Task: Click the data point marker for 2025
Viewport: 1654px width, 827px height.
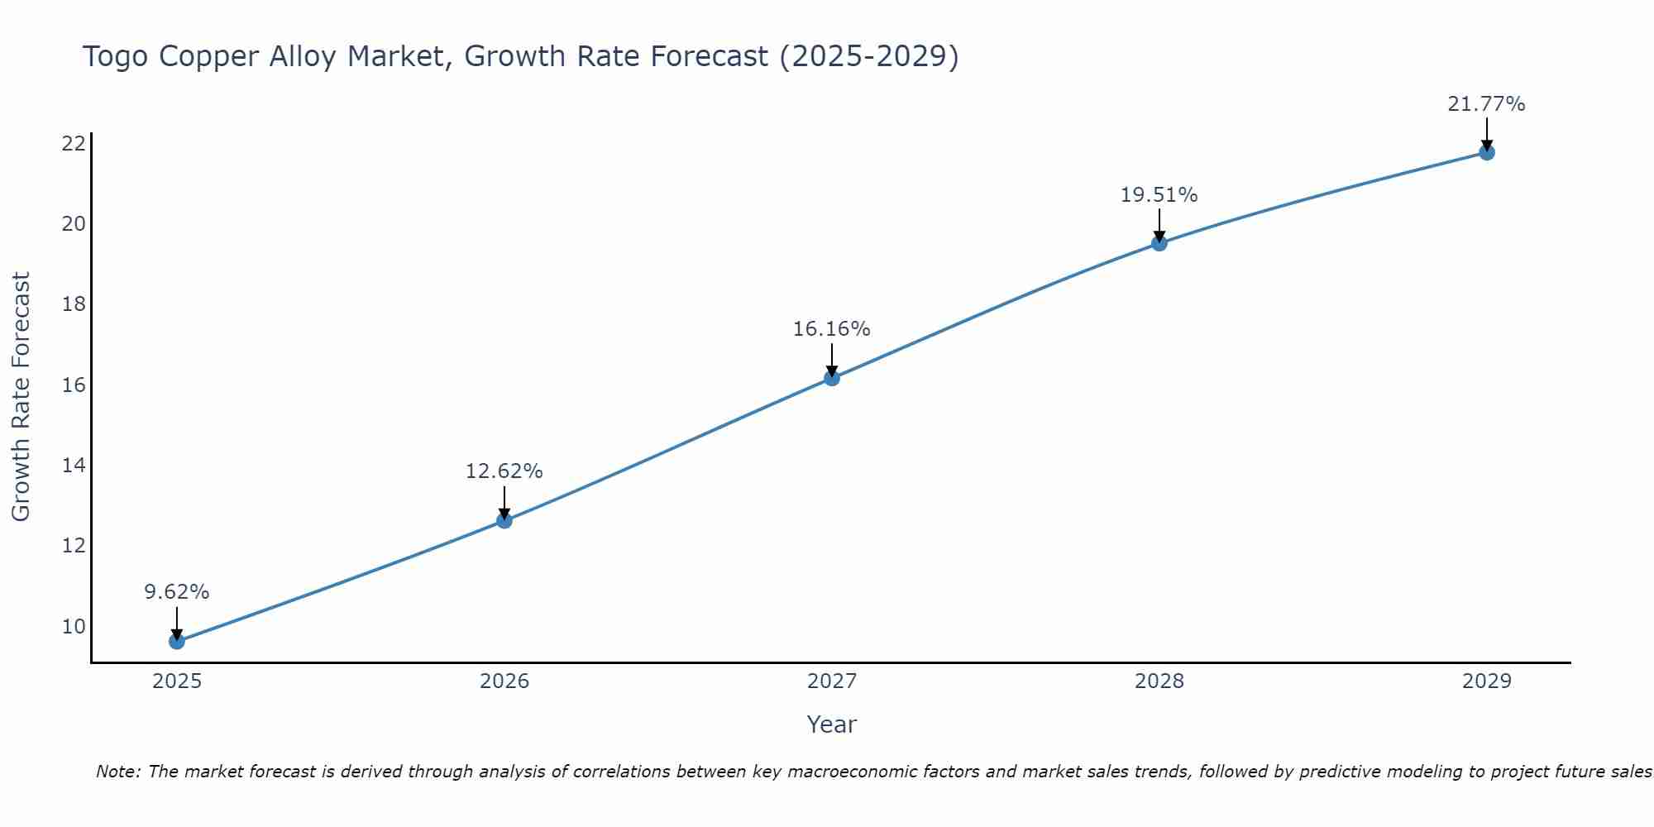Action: click(x=177, y=641)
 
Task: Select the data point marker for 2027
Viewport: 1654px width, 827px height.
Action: click(x=832, y=378)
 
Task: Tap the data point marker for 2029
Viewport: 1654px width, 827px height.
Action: click(x=1487, y=152)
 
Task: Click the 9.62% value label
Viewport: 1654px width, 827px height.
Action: click(x=177, y=592)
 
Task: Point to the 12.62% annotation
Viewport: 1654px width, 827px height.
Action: click(x=504, y=471)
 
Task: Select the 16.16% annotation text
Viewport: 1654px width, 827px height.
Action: click(x=832, y=329)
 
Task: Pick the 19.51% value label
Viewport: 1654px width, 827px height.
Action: click(x=1159, y=195)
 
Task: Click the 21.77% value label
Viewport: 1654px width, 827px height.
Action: click(x=1487, y=104)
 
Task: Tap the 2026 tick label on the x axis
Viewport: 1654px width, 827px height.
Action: click(x=504, y=681)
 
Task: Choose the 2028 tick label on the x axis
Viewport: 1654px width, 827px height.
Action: click(x=1159, y=681)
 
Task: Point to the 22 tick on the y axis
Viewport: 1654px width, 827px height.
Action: click(x=74, y=144)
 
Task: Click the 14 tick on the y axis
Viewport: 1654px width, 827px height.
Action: click(x=74, y=466)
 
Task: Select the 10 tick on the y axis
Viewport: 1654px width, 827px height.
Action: click(x=74, y=626)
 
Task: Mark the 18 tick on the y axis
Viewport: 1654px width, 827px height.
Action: click(x=74, y=304)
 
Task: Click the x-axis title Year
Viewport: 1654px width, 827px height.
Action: click(x=832, y=724)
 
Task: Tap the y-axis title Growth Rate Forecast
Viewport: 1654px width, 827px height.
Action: click(x=22, y=397)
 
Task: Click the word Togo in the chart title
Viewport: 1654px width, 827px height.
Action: click(x=117, y=57)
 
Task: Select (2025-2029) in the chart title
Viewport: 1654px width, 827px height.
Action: click(x=869, y=57)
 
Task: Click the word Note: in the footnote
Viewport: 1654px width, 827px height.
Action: click(x=121, y=772)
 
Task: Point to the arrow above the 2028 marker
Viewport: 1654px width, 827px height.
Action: click(x=1159, y=224)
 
